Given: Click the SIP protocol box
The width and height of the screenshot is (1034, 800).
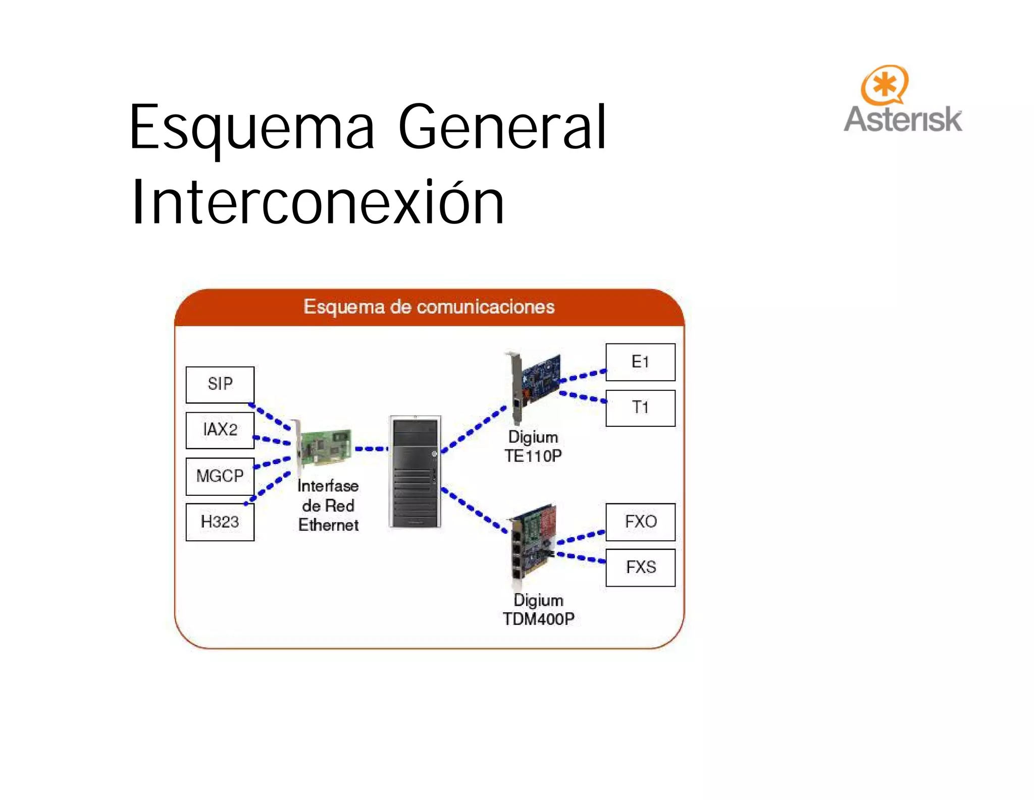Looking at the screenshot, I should click(220, 384).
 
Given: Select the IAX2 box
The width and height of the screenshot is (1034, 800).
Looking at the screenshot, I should click(220, 430).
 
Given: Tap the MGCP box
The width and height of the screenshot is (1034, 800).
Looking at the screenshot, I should click(220, 476).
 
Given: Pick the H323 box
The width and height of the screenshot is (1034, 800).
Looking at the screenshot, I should click(220, 522).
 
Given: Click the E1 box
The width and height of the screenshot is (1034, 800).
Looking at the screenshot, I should click(640, 362).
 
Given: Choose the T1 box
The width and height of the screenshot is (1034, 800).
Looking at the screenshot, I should click(640, 408).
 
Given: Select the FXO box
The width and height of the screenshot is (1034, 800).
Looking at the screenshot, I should click(640, 522).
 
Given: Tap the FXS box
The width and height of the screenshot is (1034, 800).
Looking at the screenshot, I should click(640, 567).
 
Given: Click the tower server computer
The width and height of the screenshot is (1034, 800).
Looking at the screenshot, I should click(415, 472).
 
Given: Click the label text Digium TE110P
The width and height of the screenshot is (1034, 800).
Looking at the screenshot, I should click(533, 446).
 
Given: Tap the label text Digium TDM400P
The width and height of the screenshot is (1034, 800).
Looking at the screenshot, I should click(538, 609).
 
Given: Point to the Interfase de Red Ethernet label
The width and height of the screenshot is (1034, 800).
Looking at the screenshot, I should click(328, 505).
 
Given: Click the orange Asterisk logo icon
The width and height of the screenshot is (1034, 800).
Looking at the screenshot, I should click(885, 84).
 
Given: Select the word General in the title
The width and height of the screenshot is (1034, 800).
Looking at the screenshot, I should click(502, 127).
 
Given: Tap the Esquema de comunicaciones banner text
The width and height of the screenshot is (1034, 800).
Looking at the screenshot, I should click(429, 307).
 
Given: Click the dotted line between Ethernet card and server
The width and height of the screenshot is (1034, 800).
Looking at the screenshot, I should click(371, 448).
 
